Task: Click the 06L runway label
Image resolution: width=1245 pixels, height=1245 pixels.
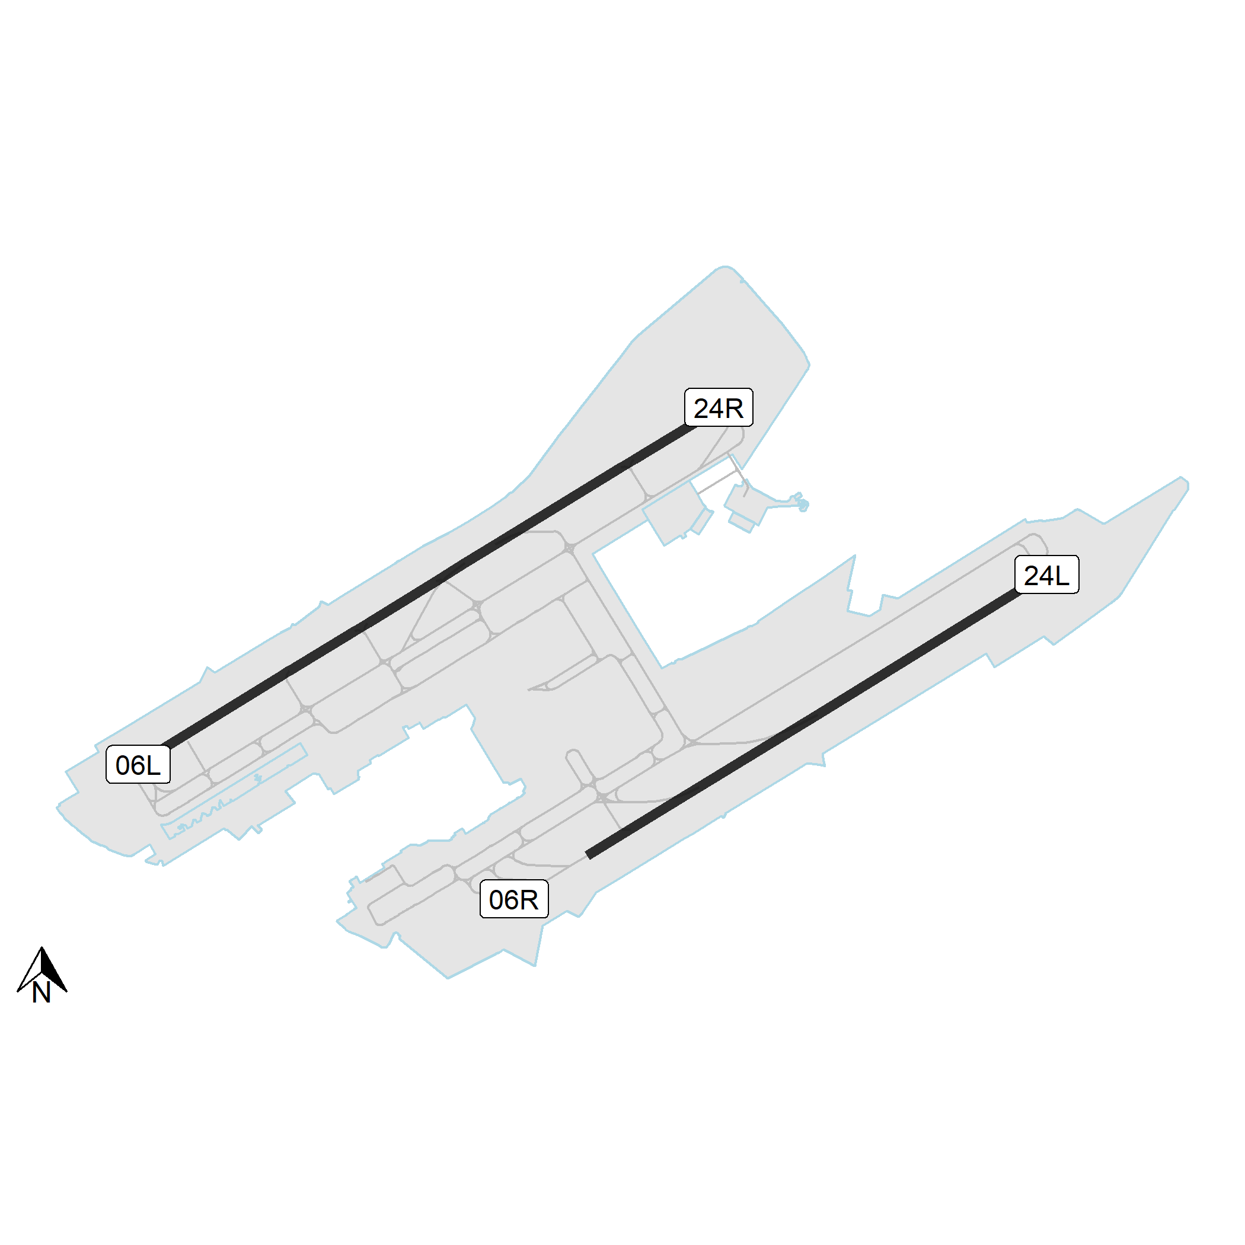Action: point(138,764)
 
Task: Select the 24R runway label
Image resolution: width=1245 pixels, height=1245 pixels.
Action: point(719,407)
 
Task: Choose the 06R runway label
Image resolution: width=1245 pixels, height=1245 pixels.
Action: point(514,899)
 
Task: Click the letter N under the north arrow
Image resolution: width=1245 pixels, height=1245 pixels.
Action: point(41,993)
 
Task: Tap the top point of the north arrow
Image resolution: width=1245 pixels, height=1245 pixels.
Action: point(42,947)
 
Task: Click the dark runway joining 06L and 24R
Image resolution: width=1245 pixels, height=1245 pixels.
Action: point(428,586)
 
